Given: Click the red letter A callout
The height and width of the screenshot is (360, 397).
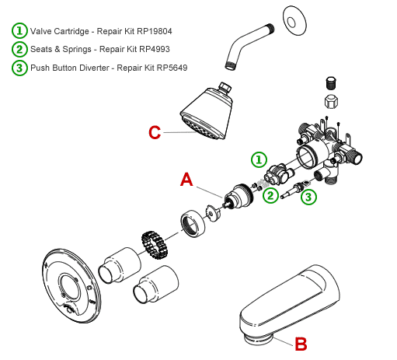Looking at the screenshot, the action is point(186,180).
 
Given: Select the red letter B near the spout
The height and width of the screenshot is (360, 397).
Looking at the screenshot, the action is point(301,344).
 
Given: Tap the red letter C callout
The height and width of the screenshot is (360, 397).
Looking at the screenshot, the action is point(155,132).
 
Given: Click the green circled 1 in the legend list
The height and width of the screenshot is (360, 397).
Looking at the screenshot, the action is point(19,31).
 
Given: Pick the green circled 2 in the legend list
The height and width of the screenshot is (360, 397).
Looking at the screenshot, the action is point(19,49).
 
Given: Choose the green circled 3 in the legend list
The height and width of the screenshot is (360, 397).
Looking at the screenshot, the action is point(19,68).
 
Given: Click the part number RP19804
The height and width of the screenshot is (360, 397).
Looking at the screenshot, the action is point(155,31).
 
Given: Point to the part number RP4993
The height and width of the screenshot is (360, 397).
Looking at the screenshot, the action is point(155,49).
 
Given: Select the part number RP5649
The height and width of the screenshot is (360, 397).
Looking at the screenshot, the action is point(172,68).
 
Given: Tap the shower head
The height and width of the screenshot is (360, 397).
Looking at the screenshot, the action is point(207,111).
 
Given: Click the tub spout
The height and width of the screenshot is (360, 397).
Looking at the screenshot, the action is point(289,305).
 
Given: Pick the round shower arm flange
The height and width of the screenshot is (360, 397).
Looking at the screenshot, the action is point(294,21).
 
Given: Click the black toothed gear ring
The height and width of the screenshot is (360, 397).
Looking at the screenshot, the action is point(155,245).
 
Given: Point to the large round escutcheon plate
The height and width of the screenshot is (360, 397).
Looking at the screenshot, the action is point(71,287).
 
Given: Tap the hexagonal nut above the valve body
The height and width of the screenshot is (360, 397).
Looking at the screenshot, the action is point(331,102).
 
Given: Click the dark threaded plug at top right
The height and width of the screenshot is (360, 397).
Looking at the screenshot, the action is point(331,83).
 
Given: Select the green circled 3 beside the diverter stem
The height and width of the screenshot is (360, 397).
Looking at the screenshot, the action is point(308,197).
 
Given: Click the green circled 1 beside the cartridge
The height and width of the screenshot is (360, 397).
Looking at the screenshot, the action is point(259,159).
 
